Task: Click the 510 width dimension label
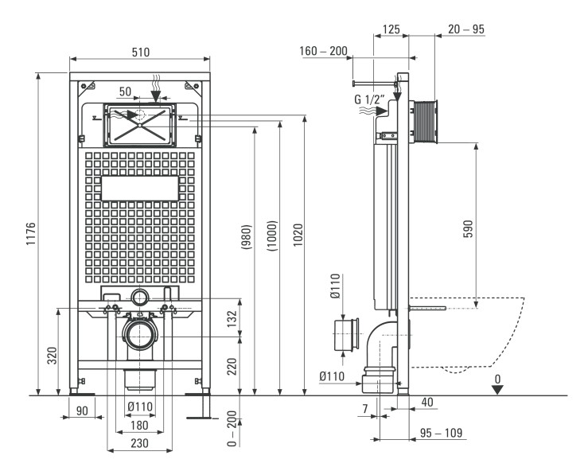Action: tap(141, 53)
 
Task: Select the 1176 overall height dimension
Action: tap(31, 234)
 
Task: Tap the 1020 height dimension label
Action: tap(298, 235)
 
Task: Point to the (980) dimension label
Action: tap(246, 237)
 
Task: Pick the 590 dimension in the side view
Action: tap(469, 229)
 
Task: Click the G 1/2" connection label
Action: tap(370, 99)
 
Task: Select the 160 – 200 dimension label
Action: tap(323, 51)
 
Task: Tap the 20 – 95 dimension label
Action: tap(466, 29)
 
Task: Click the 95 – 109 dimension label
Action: tap(441, 433)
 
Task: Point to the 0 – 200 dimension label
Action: tap(232, 429)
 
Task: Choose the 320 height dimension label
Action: tap(53, 356)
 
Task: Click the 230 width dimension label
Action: tap(139, 443)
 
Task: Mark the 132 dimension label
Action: tap(232, 318)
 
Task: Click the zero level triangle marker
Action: tap(497, 390)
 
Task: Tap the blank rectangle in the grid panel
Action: tap(140, 189)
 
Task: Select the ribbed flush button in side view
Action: tap(426, 122)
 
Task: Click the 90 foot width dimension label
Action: tap(82, 411)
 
